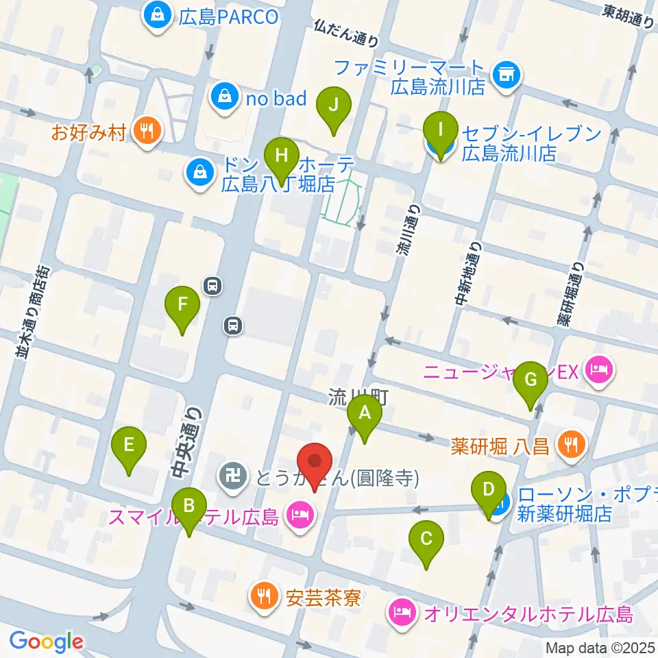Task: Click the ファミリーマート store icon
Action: pyautogui.click(x=507, y=74)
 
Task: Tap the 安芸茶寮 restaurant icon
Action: pyautogui.click(x=263, y=594)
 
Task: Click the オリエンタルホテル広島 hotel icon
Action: pyautogui.click(x=402, y=610)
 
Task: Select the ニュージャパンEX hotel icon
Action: pyautogui.click(x=601, y=371)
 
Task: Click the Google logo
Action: pyautogui.click(x=46, y=642)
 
